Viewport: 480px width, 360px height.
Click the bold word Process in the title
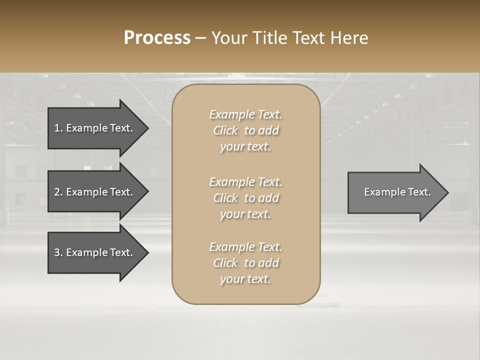[x=157, y=38]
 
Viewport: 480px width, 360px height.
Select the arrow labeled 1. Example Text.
[x=93, y=128]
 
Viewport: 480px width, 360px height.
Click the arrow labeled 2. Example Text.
[x=93, y=192]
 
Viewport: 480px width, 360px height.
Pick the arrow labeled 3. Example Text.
[x=93, y=252]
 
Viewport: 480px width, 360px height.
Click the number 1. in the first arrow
[x=58, y=128]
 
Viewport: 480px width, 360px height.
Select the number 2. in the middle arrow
[x=58, y=192]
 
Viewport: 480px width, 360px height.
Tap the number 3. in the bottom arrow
[x=58, y=252]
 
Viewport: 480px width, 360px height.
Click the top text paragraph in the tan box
[x=245, y=130]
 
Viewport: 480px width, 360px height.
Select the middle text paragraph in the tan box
[x=245, y=198]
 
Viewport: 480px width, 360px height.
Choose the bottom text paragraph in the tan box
[x=245, y=263]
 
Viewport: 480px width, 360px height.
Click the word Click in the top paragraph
[x=225, y=131]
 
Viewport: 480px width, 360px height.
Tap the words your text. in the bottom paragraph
[x=245, y=279]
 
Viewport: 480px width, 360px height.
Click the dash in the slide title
[x=200, y=38]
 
